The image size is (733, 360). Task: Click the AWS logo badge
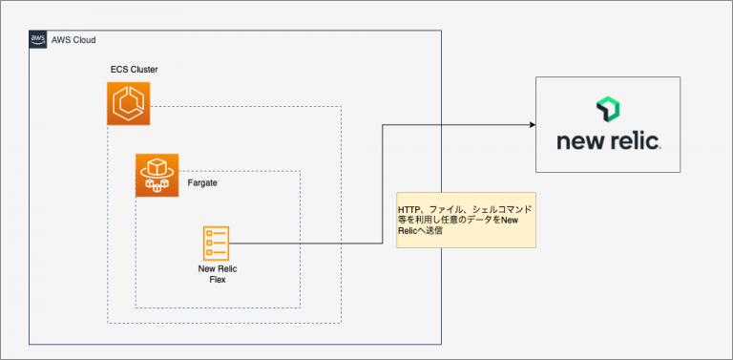(x=37, y=39)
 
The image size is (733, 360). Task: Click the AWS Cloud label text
(x=73, y=40)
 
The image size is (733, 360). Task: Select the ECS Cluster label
(x=134, y=70)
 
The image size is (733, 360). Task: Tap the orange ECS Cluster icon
(x=128, y=104)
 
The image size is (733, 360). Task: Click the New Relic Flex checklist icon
(x=216, y=244)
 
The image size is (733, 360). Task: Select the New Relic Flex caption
(x=217, y=275)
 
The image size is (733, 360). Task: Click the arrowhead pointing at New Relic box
(x=528, y=124)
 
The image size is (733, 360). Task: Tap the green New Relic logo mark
(x=609, y=109)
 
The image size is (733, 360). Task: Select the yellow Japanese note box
(x=466, y=219)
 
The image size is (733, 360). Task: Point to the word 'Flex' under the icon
(x=217, y=281)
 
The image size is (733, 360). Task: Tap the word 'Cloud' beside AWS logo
(x=83, y=40)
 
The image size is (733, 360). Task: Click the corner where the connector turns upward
(x=383, y=244)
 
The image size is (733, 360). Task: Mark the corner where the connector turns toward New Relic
(x=383, y=124)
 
